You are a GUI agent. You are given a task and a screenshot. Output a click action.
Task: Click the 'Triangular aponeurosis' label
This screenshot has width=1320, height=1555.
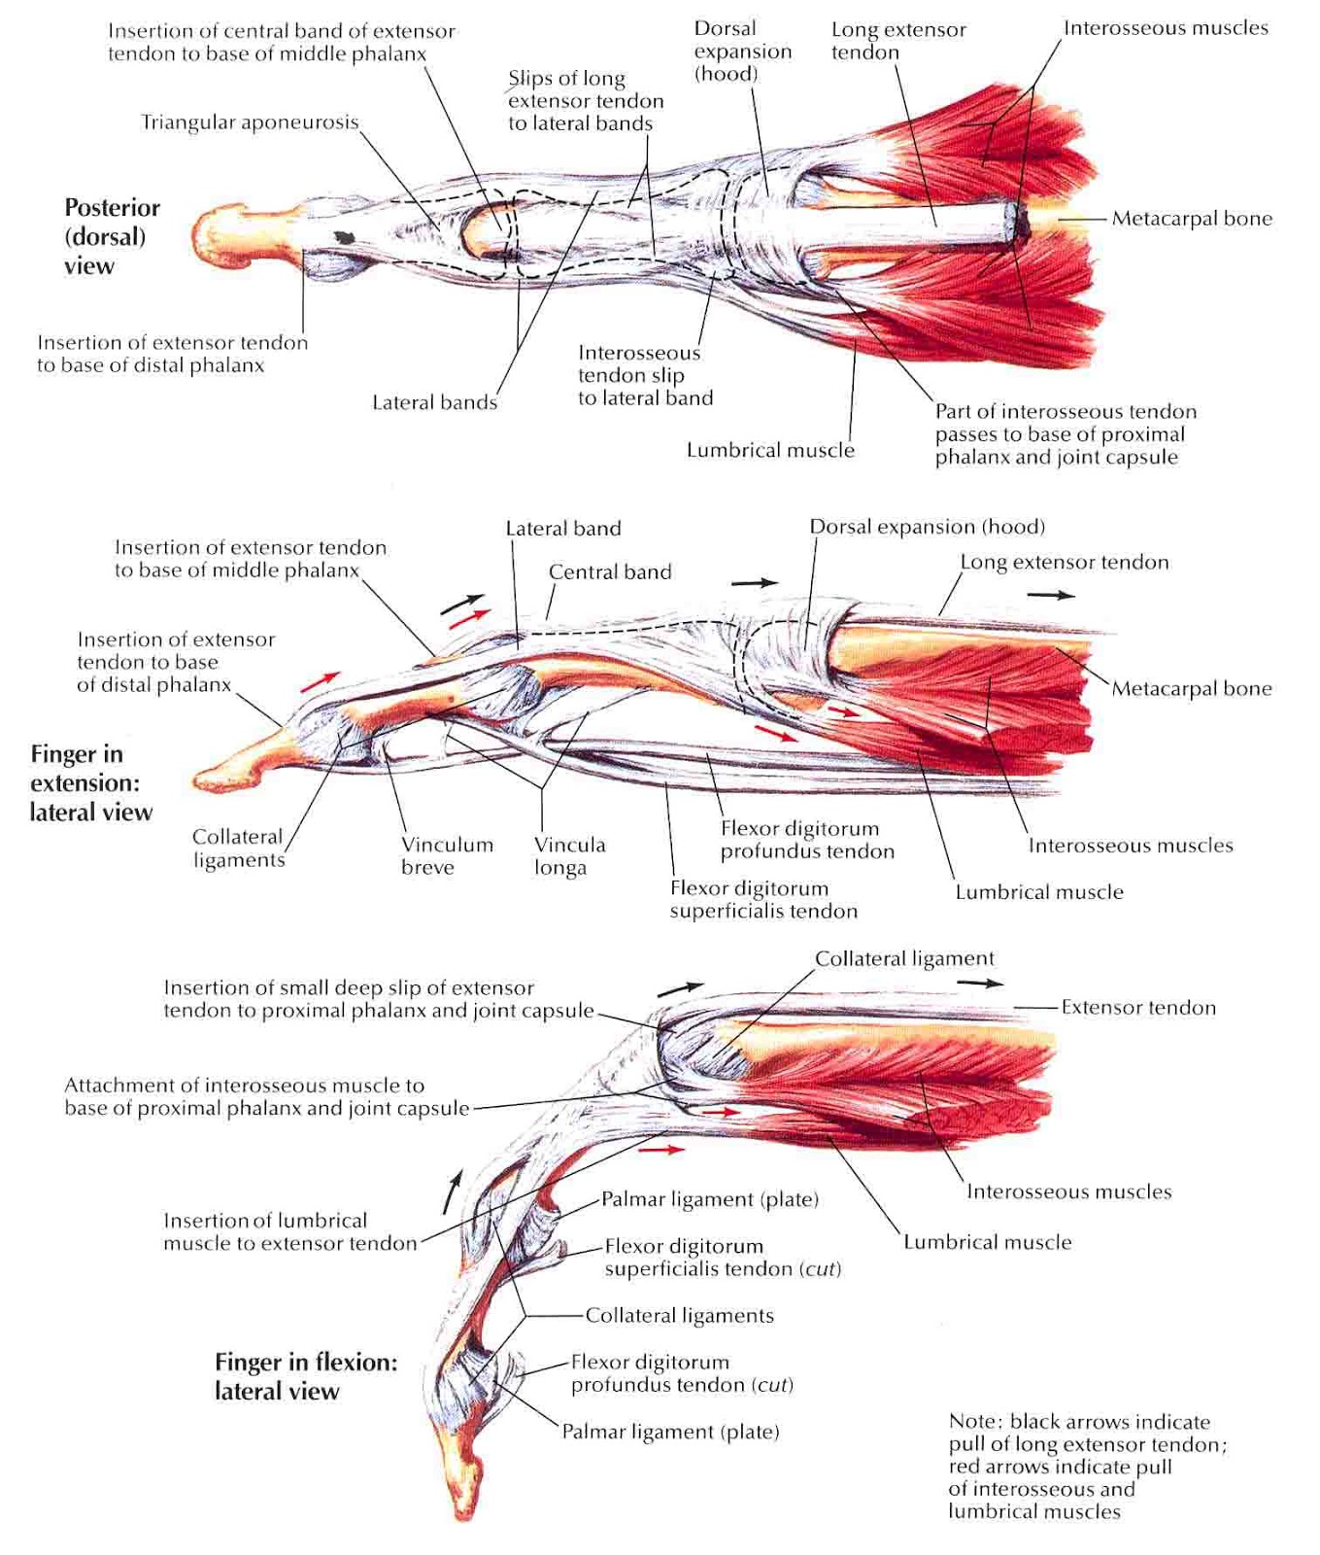[250, 122]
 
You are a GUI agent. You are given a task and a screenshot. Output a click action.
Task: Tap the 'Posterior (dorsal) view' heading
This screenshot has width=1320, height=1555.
[111, 236]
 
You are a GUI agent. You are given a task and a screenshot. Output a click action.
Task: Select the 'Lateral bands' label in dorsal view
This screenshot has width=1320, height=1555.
[434, 402]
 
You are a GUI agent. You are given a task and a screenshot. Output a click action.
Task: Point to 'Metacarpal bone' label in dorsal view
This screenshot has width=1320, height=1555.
[1192, 219]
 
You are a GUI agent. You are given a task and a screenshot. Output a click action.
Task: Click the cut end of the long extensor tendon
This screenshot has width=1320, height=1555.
[1021, 224]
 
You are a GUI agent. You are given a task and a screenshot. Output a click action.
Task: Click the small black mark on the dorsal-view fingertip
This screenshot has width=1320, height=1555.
[343, 237]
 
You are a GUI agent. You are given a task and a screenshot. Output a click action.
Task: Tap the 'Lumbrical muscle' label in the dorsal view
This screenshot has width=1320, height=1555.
[770, 450]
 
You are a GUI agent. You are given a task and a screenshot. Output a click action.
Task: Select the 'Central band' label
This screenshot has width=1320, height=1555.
[610, 571]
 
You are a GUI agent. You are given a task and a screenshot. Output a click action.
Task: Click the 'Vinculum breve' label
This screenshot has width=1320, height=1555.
[447, 855]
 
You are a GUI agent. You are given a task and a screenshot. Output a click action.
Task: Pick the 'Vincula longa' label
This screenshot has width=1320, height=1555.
[569, 855]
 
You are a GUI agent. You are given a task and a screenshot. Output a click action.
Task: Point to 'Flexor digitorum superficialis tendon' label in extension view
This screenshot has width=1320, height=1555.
[763, 899]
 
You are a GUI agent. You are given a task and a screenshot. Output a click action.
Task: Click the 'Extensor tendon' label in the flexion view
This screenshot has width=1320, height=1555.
[1137, 1008]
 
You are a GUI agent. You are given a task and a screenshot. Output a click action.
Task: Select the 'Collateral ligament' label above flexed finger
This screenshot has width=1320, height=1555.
[904, 958]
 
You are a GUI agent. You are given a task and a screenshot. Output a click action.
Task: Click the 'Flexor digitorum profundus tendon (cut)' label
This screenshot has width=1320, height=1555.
[682, 1373]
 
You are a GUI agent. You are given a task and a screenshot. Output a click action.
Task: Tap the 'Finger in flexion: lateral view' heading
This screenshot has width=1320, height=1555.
[305, 1376]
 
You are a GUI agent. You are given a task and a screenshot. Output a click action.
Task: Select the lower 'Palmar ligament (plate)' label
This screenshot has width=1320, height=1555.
[670, 1432]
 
